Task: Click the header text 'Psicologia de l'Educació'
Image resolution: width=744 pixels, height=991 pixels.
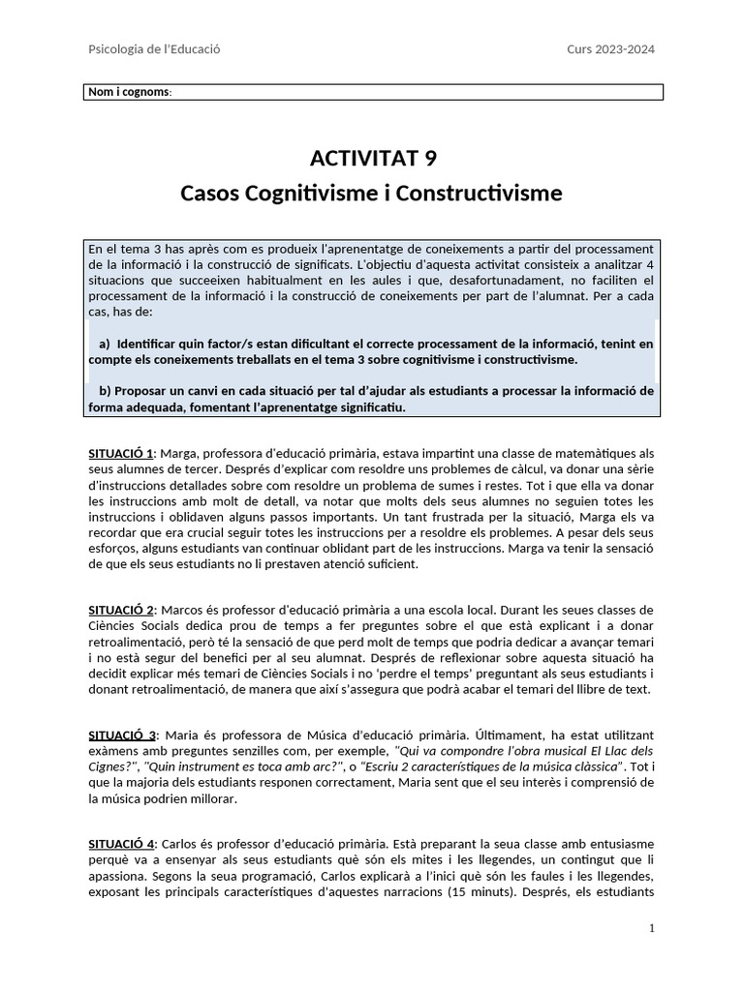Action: click(154, 49)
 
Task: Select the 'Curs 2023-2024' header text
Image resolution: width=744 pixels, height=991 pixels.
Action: click(610, 49)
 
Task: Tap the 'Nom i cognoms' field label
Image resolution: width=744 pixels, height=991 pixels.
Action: click(130, 93)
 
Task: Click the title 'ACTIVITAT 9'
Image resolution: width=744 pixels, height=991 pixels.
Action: click(371, 158)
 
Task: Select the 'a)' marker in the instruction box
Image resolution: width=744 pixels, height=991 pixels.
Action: click(105, 344)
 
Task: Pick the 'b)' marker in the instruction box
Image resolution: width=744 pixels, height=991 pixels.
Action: click(105, 391)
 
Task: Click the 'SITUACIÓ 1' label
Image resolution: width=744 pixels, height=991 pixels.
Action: click(122, 453)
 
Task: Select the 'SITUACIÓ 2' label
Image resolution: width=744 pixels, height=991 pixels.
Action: click(122, 610)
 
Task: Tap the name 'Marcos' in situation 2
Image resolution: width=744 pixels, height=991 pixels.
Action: click(181, 610)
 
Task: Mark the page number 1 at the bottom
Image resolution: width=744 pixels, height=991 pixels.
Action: click(652, 929)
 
